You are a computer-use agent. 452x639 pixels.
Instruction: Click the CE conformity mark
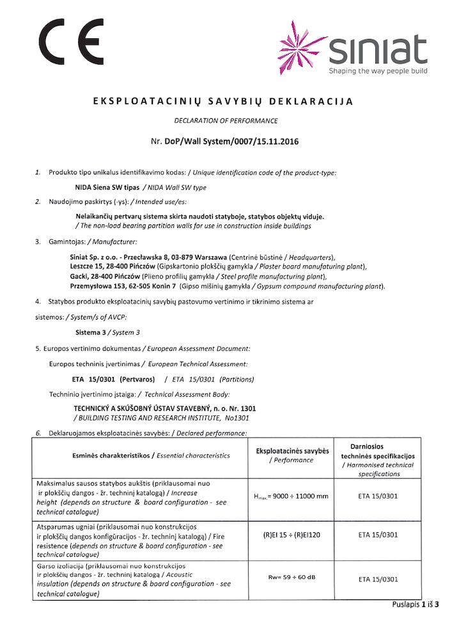pyautogui.click(x=72, y=41)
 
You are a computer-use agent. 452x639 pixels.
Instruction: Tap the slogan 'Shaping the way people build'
pyautogui.click(x=378, y=71)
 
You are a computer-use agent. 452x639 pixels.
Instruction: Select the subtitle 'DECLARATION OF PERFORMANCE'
pyautogui.click(x=226, y=120)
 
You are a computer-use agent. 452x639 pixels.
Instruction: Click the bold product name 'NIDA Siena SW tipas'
pyautogui.click(x=102, y=187)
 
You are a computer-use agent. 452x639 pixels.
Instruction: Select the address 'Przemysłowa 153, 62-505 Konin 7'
pyautogui.click(x=123, y=286)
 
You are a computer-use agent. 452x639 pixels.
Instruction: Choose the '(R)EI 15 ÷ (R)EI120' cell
pyautogui.click(x=292, y=534)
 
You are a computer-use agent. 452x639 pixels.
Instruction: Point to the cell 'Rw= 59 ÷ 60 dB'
pyautogui.click(x=292, y=578)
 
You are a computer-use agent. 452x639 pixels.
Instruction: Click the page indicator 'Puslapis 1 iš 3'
pyautogui.click(x=416, y=604)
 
